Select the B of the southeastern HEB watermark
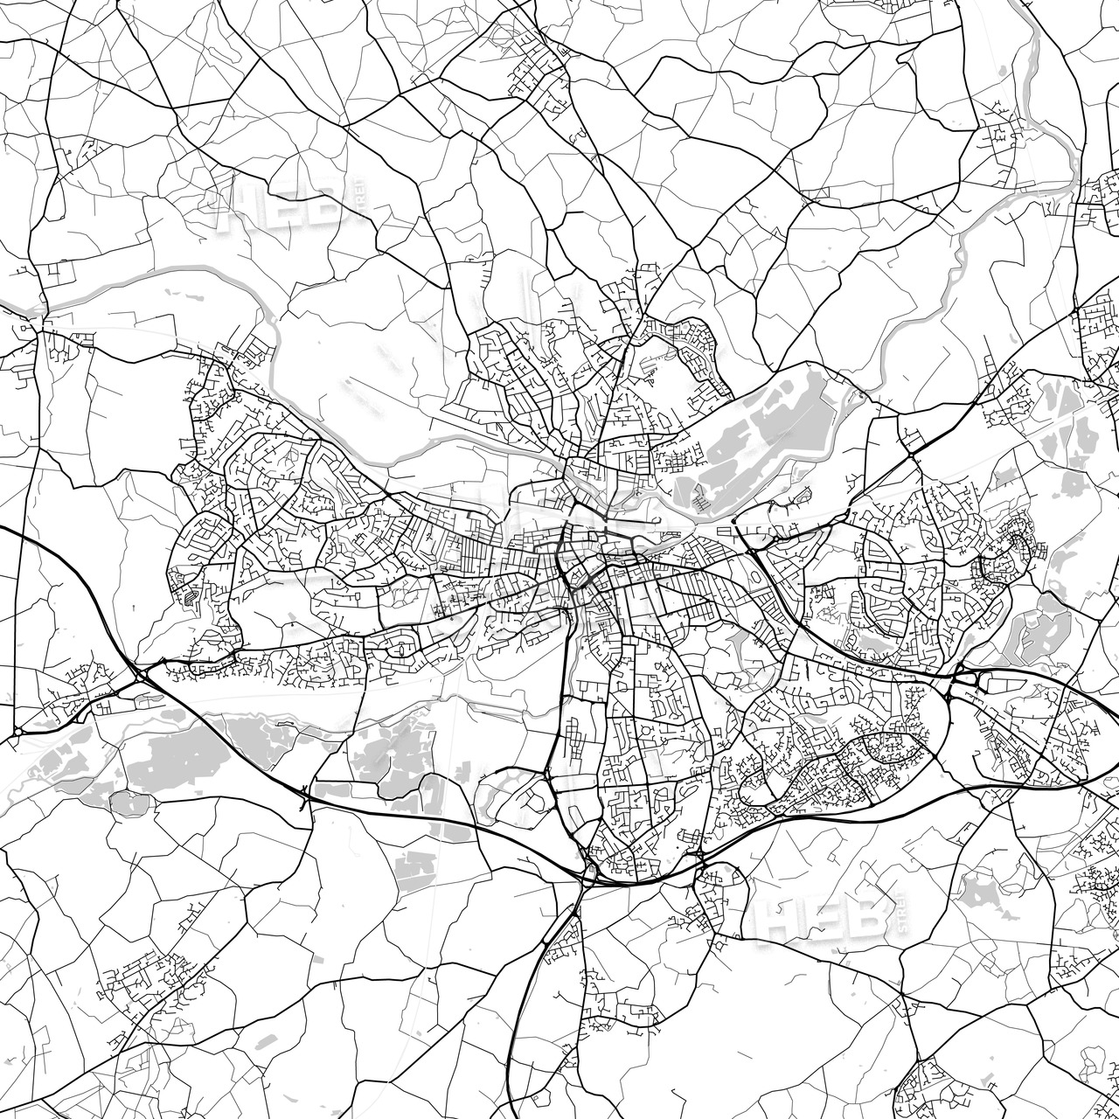point(866,914)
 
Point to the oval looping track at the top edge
point(507,35)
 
